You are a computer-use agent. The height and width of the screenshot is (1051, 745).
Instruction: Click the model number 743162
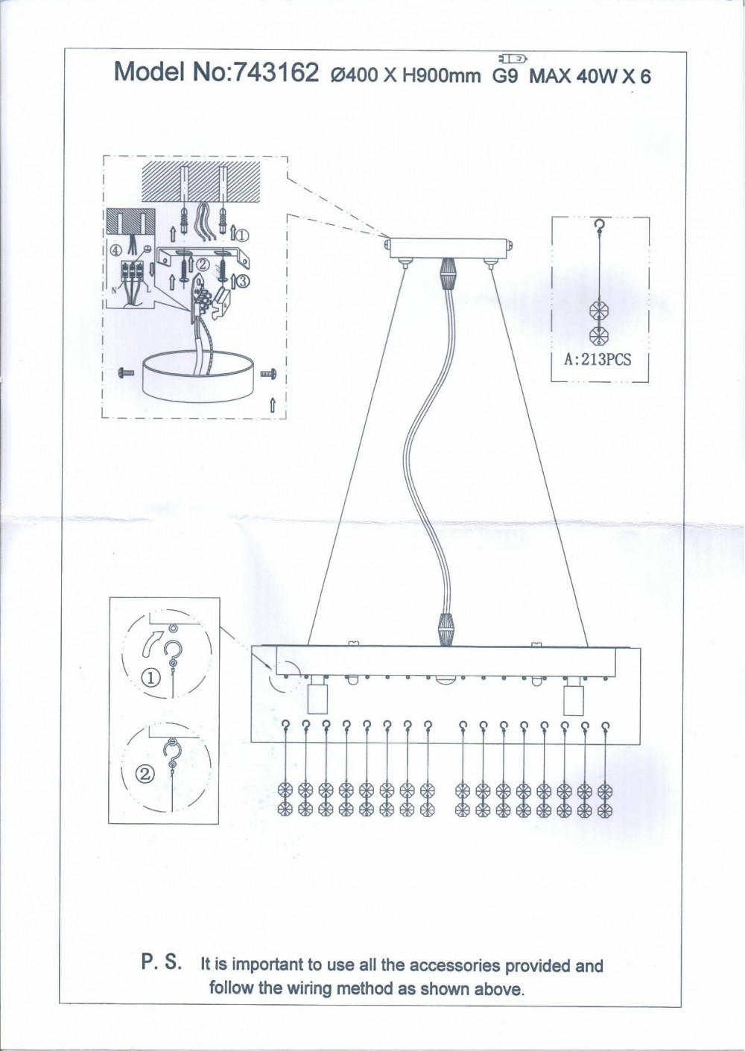276,73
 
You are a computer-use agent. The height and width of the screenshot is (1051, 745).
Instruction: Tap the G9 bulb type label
505,75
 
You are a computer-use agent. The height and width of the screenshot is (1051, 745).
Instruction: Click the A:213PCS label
597,360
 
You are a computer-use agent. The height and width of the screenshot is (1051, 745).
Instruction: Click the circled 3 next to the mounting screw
244,281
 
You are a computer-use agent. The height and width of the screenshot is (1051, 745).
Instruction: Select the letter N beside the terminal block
113,290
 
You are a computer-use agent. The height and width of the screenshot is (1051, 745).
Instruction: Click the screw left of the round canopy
127,373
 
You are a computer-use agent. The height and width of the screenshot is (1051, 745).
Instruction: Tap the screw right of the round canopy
267,373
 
